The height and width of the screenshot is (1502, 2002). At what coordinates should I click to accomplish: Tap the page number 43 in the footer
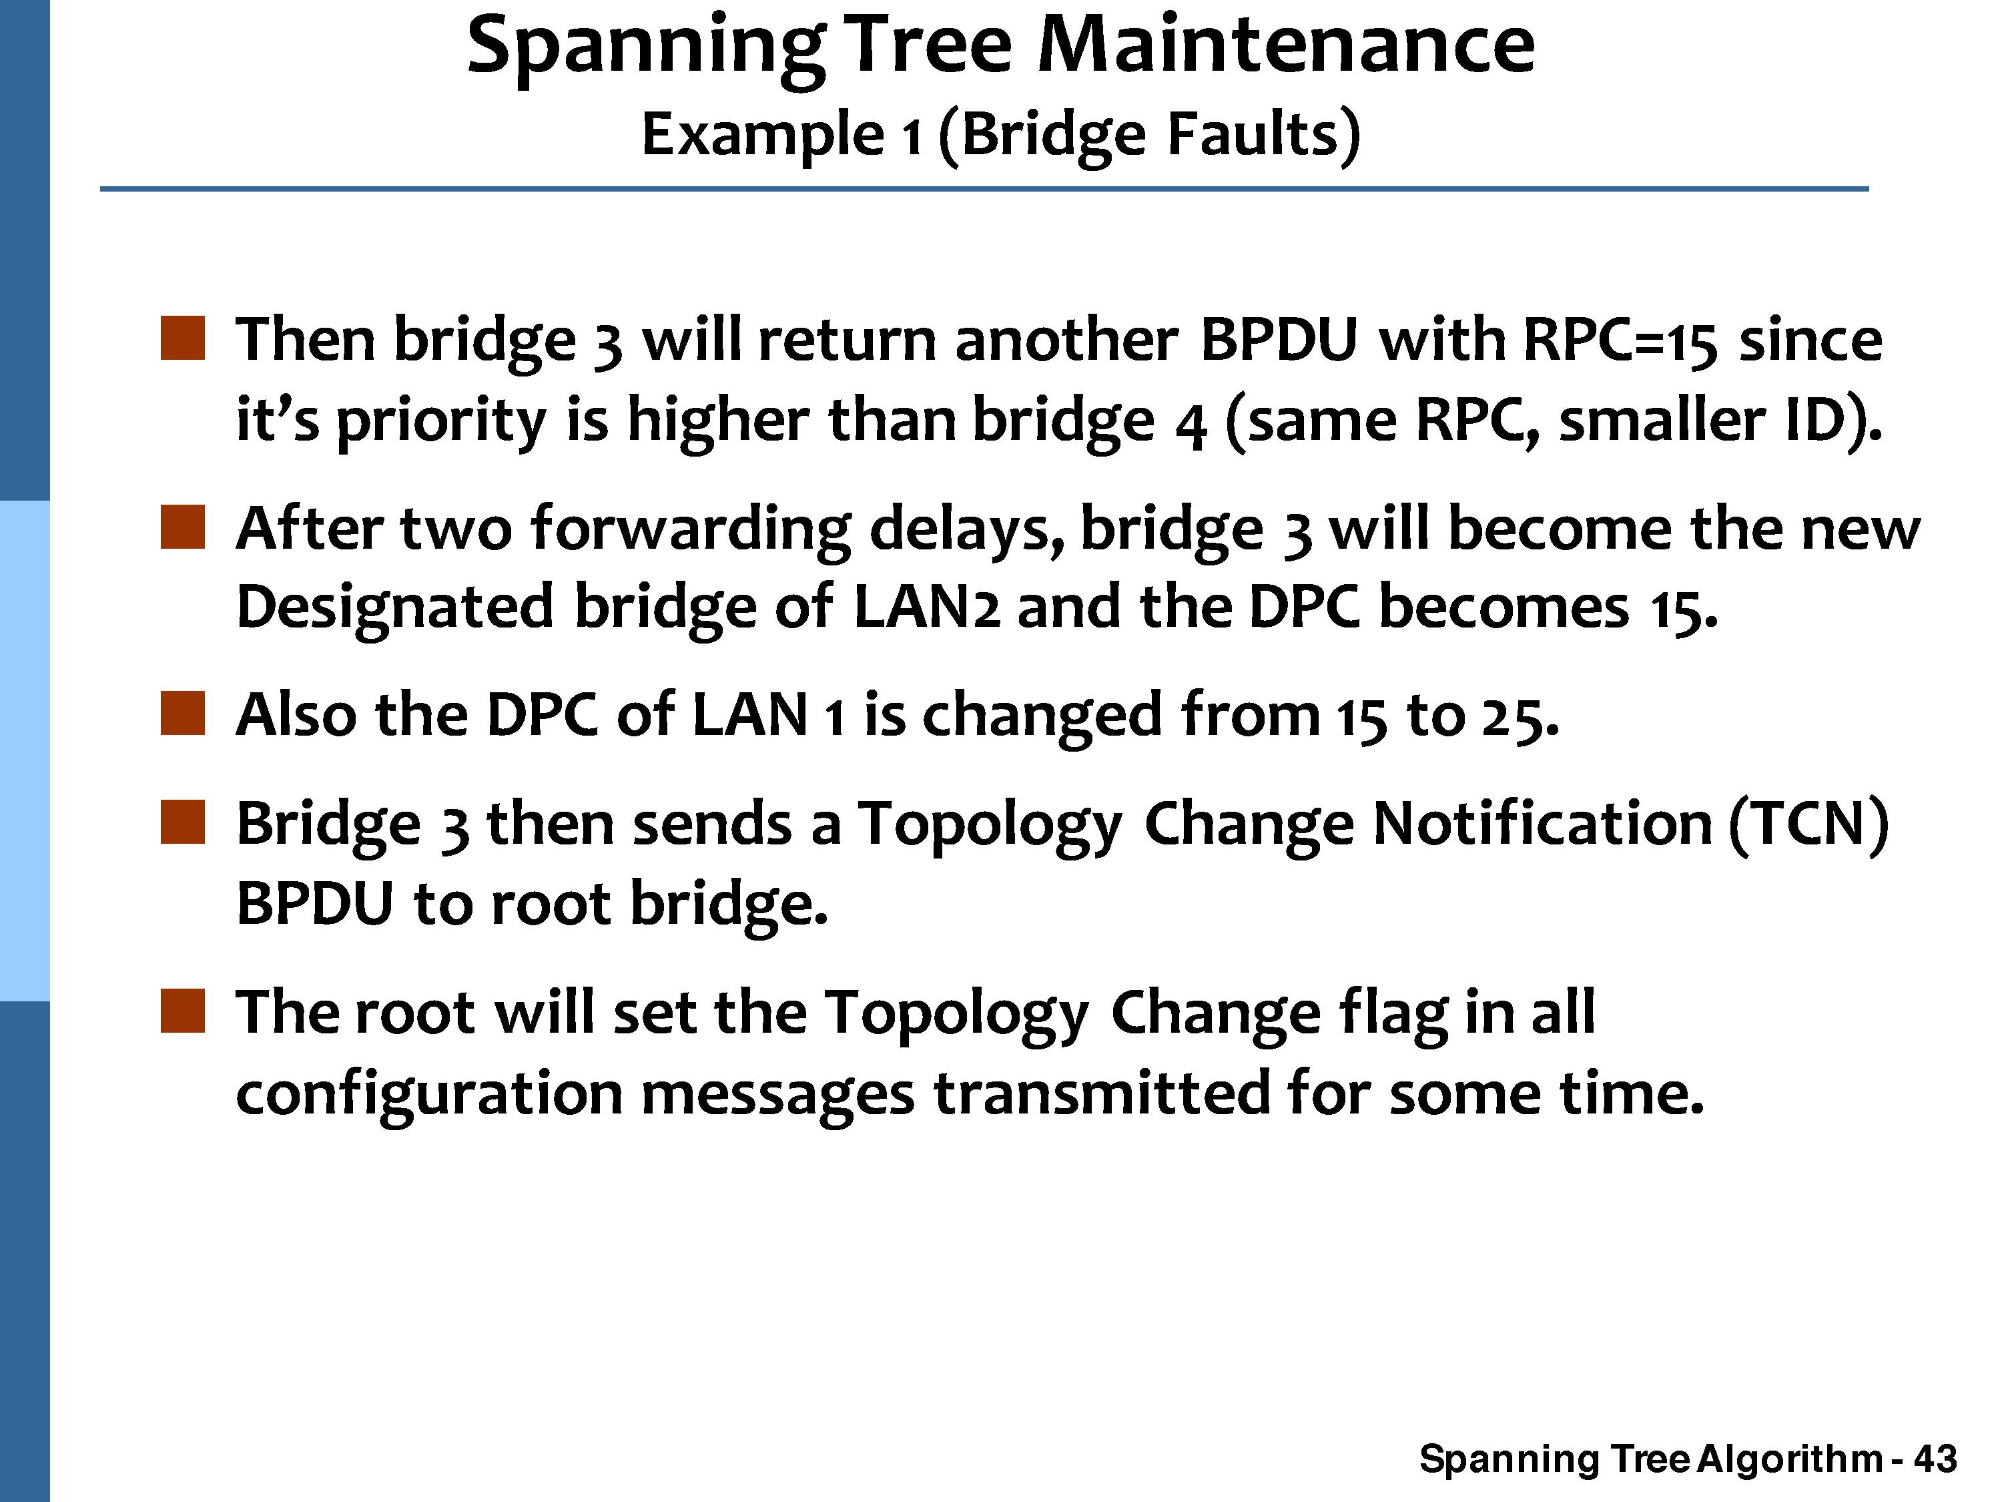[1936, 1459]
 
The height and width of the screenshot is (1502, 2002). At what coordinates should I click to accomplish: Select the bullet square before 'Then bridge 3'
[183, 338]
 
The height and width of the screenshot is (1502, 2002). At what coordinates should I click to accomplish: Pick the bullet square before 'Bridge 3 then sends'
[183, 822]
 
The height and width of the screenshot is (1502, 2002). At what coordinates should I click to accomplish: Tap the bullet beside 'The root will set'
[183, 1011]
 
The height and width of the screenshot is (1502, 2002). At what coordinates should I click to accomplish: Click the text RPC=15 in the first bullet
[1620, 340]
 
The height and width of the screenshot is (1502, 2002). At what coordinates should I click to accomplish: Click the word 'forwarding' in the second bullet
[691, 529]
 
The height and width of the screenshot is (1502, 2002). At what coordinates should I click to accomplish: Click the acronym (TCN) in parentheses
[1808, 825]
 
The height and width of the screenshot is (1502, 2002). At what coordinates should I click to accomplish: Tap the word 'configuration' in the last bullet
[430, 1093]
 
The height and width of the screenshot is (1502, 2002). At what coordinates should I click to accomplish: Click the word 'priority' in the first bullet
[442, 422]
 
